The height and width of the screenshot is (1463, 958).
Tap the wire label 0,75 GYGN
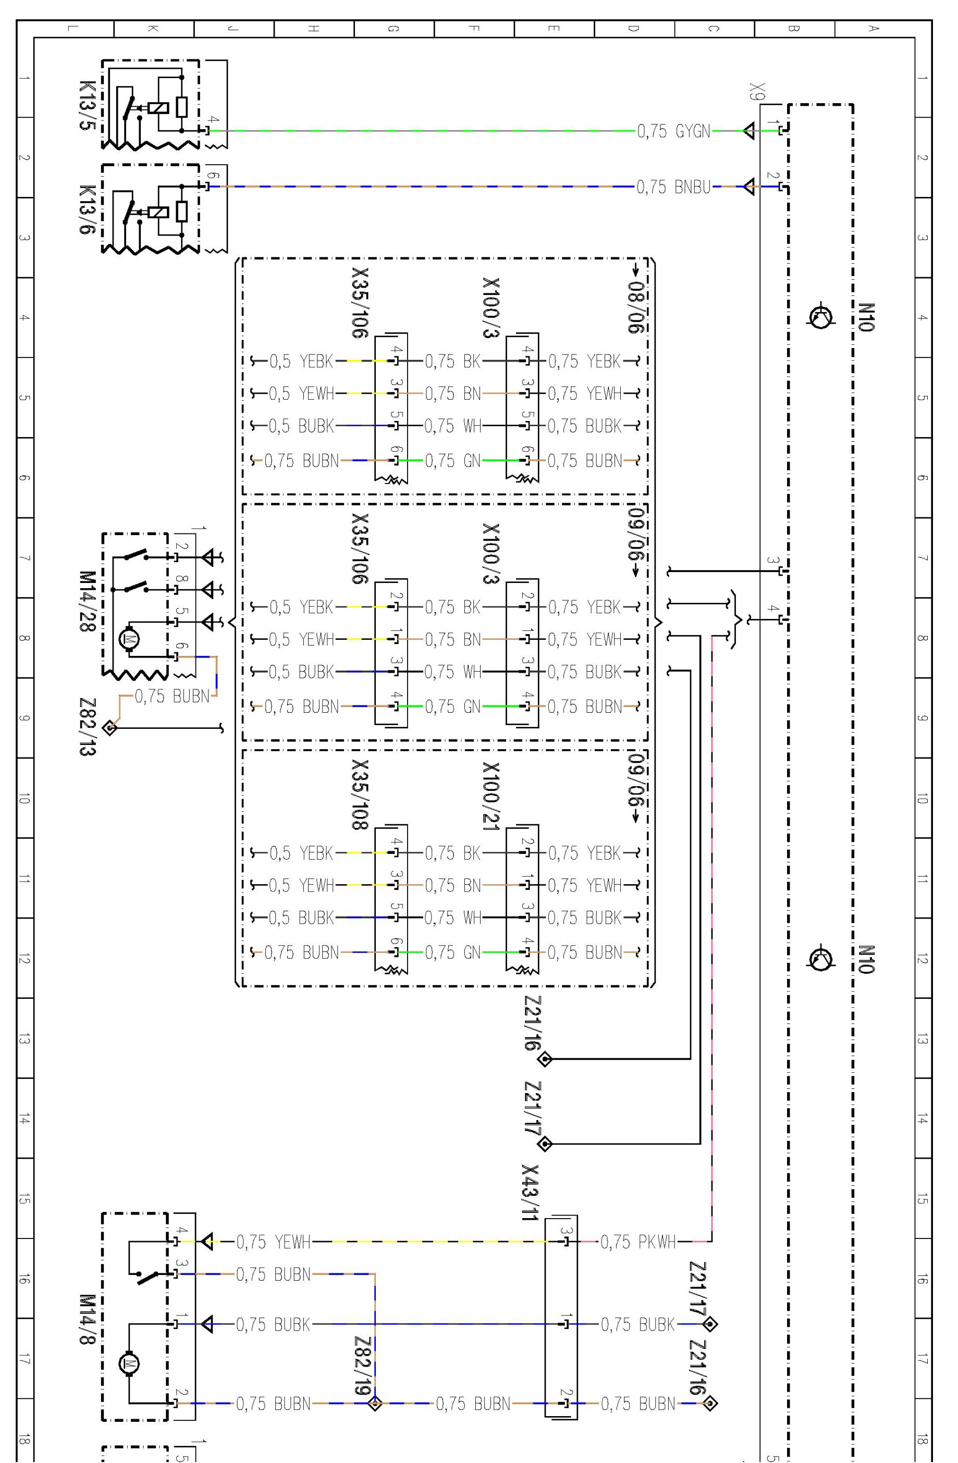tap(674, 131)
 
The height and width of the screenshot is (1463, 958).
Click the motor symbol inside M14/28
tap(129, 639)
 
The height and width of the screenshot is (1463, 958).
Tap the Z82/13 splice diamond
tap(110, 728)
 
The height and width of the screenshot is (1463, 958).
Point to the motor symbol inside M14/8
tap(129, 1364)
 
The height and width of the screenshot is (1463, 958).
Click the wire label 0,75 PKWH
tap(638, 1241)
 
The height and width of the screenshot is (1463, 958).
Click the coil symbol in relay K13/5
tap(158, 107)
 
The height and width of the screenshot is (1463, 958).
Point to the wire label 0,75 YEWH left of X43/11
tap(274, 1241)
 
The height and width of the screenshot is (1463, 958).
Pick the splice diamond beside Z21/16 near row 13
tap(545, 1059)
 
